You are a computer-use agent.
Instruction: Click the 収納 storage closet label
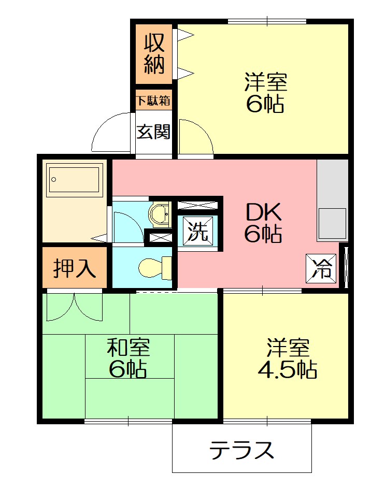(154, 53)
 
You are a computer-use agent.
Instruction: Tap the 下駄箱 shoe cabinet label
(153, 100)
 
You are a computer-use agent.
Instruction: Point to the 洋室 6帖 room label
(265, 93)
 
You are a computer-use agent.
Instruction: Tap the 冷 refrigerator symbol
(322, 269)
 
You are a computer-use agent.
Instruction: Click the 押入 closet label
(75, 268)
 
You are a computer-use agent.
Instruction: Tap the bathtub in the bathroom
(74, 180)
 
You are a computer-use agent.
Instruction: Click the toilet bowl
(154, 267)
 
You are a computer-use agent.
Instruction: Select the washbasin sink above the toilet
(159, 213)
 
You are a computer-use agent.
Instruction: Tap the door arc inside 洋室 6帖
(195, 137)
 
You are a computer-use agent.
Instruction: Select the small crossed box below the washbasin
(160, 238)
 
